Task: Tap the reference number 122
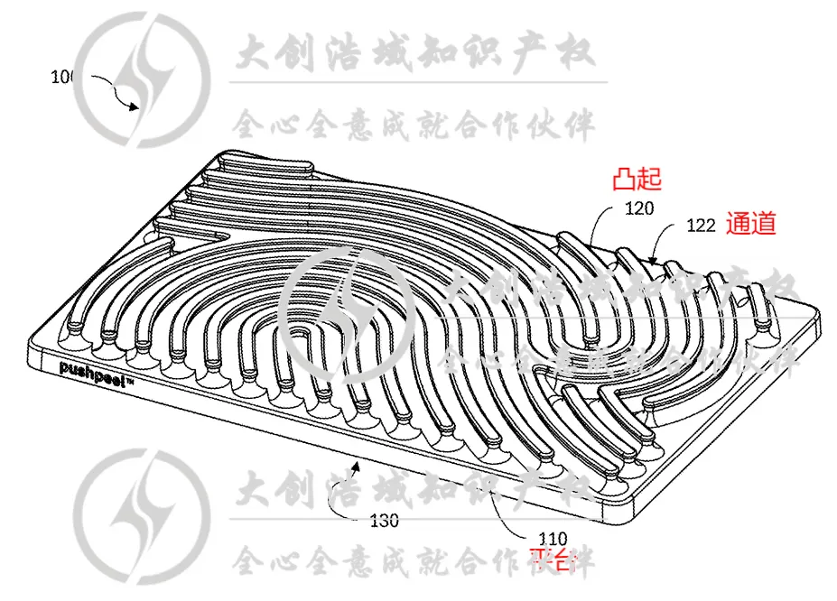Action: pyautogui.click(x=702, y=226)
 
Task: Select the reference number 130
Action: pyautogui.click(x=385, y=521)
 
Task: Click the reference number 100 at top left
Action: pyautogui.click(x=62, y=78)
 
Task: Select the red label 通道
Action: pyautogui.click(x=751, y=224)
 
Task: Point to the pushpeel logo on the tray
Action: pyautogui.click(x=96, y=368)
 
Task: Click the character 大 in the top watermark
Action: pyautogui.click(x=256, y=54)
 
